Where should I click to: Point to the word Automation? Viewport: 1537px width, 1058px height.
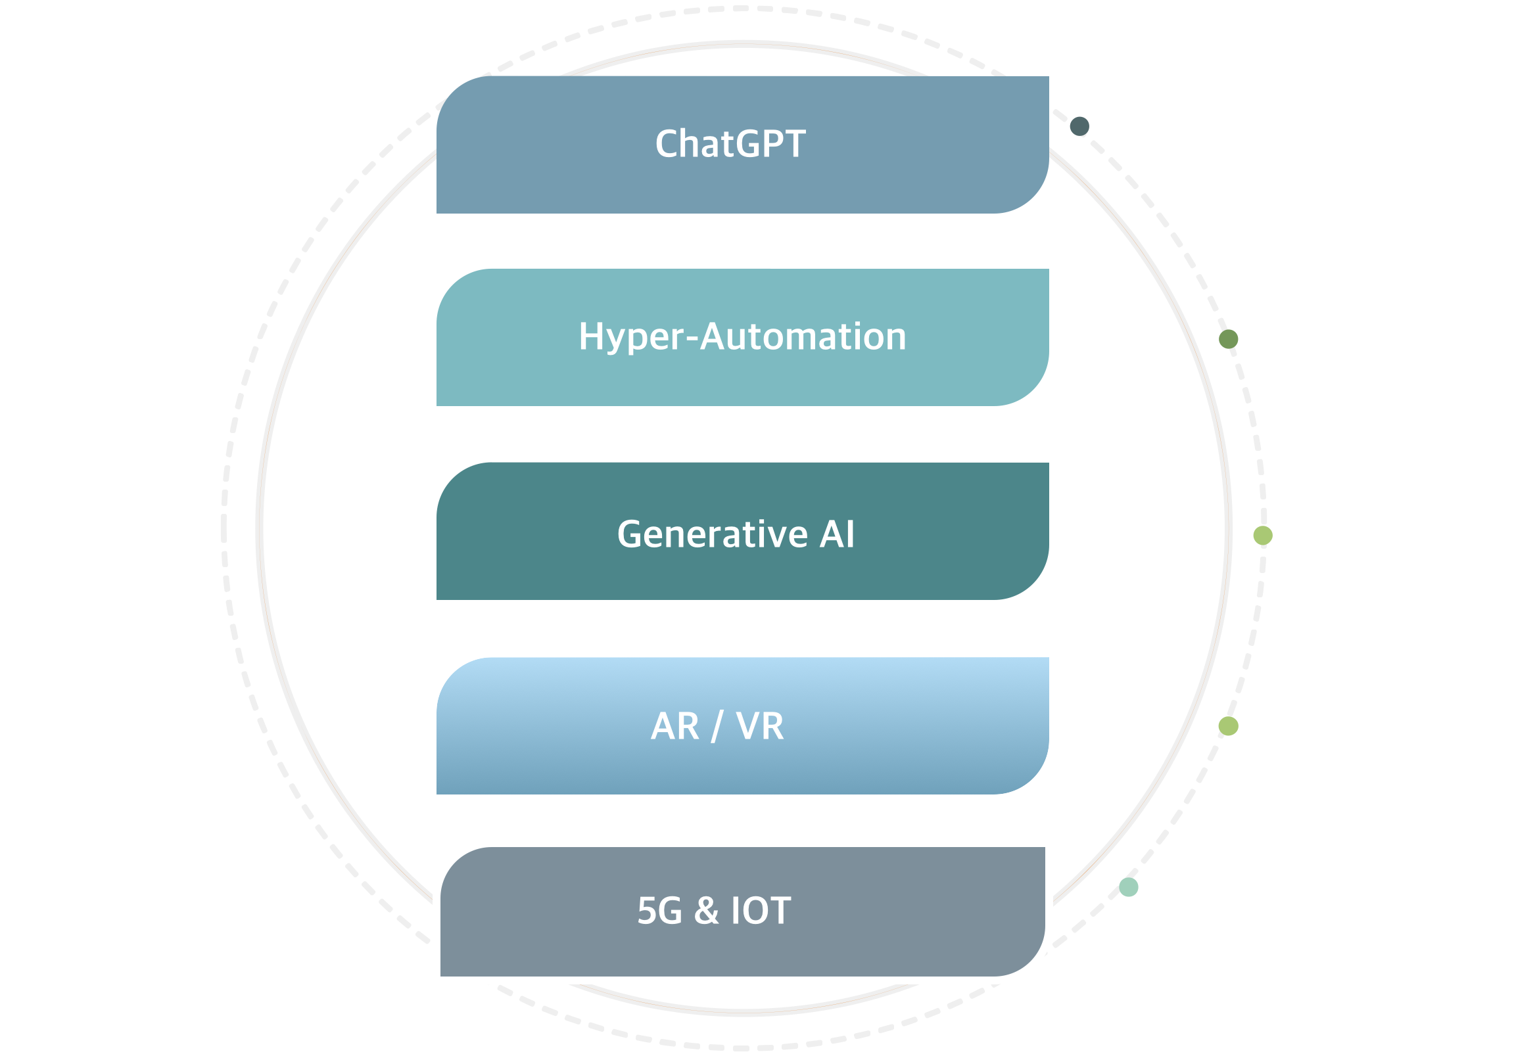tap(803, 336)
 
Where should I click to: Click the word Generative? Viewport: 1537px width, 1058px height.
tap(712, 534)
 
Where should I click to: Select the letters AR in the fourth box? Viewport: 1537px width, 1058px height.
tap(674, 726)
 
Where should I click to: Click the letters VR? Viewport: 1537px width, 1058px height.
tap(760, 726)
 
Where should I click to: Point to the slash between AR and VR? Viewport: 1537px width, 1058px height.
tap(717, 727)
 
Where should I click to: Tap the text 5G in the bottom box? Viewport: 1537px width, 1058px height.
tap(659, 911)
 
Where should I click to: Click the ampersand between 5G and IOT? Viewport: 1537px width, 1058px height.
tap(706, 911)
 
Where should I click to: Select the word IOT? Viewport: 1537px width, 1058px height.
tap(761, 911)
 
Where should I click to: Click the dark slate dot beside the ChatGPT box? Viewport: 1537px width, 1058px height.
tap(1079, 126)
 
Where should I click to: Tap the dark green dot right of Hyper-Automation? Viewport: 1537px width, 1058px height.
tap(1228, 338)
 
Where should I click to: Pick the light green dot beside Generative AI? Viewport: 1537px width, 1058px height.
tap(1262, 535)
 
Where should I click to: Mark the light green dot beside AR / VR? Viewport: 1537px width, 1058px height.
tap(1228, 726)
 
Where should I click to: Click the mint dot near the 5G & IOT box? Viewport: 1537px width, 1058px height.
tap(1129, 887)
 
